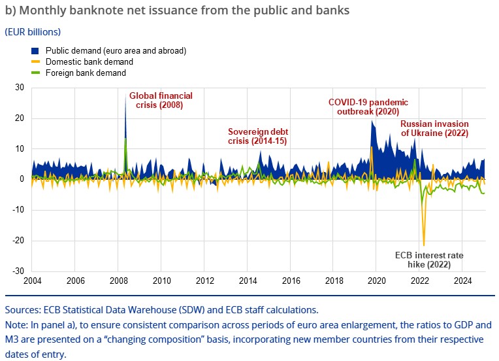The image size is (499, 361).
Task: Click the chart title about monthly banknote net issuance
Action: click(176, 10)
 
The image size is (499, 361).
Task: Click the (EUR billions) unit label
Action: click(33, 31)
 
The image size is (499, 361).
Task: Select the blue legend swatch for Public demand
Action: click(36, 51)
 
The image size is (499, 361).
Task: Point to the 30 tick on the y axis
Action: click(20, 88)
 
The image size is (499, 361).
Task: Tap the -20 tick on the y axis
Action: click(18, 241)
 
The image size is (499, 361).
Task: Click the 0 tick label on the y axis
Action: click(22, 179)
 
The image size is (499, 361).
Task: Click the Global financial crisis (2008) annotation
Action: click(160, 100)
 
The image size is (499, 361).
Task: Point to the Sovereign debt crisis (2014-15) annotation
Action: click(258, 136)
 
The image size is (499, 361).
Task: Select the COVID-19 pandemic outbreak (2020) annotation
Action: click(368, 107)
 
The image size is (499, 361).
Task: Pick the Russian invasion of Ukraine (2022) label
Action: click(434, 128)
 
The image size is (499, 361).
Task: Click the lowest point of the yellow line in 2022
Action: click(424, 245)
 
